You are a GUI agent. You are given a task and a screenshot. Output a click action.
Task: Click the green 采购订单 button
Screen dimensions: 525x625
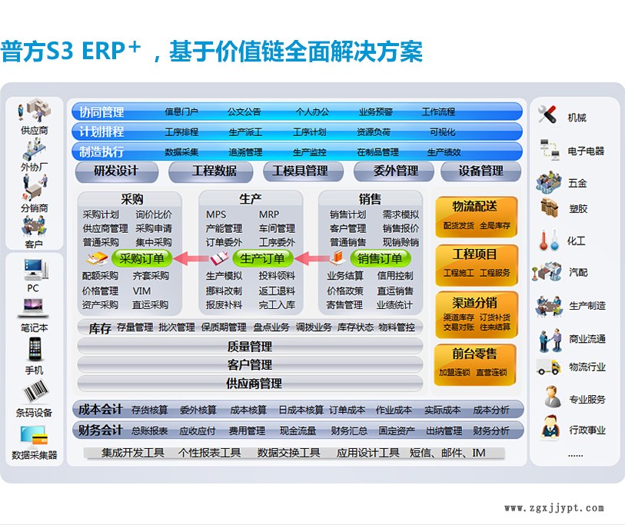click(x=142, y=258)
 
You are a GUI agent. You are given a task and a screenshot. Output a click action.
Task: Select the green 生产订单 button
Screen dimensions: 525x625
click(x=262, y=258)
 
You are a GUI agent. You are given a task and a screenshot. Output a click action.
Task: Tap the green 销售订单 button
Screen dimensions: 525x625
click(x=381, y=258)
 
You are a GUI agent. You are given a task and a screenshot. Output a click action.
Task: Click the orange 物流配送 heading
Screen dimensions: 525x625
click(x=475, y=207)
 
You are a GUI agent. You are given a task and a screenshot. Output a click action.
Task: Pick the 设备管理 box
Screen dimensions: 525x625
click(x=480, y=171)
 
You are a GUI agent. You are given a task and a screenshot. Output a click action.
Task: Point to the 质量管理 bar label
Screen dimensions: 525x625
click(x=250, y=347)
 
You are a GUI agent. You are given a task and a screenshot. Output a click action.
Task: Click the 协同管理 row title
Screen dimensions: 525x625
click(x=101, y=112)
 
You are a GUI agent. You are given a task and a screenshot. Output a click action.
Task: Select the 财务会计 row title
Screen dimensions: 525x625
click(x=101, y=430)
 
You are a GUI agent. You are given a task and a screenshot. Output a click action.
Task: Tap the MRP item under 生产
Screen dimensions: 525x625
click(x=269, y=214)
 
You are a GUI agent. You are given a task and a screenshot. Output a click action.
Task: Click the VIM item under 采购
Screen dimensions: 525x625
click(x=141, y=291)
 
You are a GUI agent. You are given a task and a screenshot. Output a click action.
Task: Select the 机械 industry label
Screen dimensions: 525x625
click(x=577, y=118)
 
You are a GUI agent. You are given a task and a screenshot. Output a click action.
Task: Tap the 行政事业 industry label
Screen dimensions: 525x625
click(x=587, y=430)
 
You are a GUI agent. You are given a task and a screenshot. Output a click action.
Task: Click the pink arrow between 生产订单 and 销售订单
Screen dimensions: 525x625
click(x=305, y=258)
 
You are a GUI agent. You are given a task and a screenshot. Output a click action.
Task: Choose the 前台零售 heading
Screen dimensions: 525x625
click(x=475, y=354)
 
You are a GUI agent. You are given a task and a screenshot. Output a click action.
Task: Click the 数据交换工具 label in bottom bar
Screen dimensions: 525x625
click(x=288, y=453)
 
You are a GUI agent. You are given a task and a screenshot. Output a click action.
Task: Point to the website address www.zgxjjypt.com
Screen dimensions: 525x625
click(x=554, y=508)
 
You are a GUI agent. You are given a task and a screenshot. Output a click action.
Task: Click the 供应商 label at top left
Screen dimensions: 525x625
click(x=34, y=131)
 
